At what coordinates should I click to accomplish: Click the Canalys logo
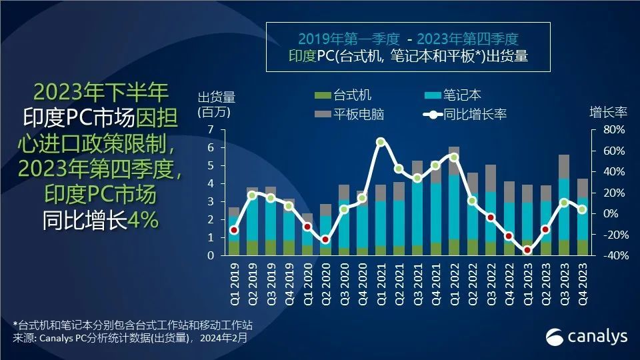click(x=587, y=337)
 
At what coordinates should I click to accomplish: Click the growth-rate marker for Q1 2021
click(x=381, y=142)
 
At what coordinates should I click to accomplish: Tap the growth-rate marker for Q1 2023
click(x=527, y=250)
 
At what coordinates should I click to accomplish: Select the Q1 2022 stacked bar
click(x=454, y=201)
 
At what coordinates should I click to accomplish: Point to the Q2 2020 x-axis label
click(x=326, y=279)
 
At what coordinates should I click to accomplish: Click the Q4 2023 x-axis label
click(x=582, y=279)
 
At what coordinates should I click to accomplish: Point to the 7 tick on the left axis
click(x=211, y=129)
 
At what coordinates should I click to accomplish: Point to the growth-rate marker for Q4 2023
click(x=582, y=209)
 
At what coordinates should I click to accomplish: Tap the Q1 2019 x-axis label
click(x=234, y=279)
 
